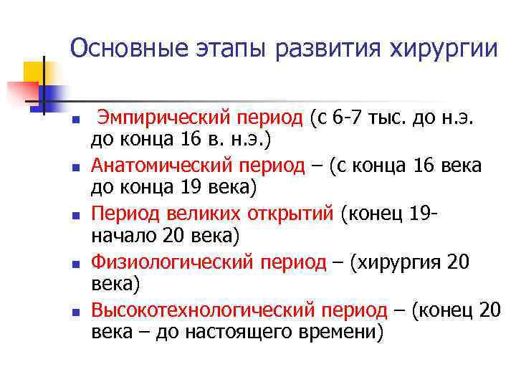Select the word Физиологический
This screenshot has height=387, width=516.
172,262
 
